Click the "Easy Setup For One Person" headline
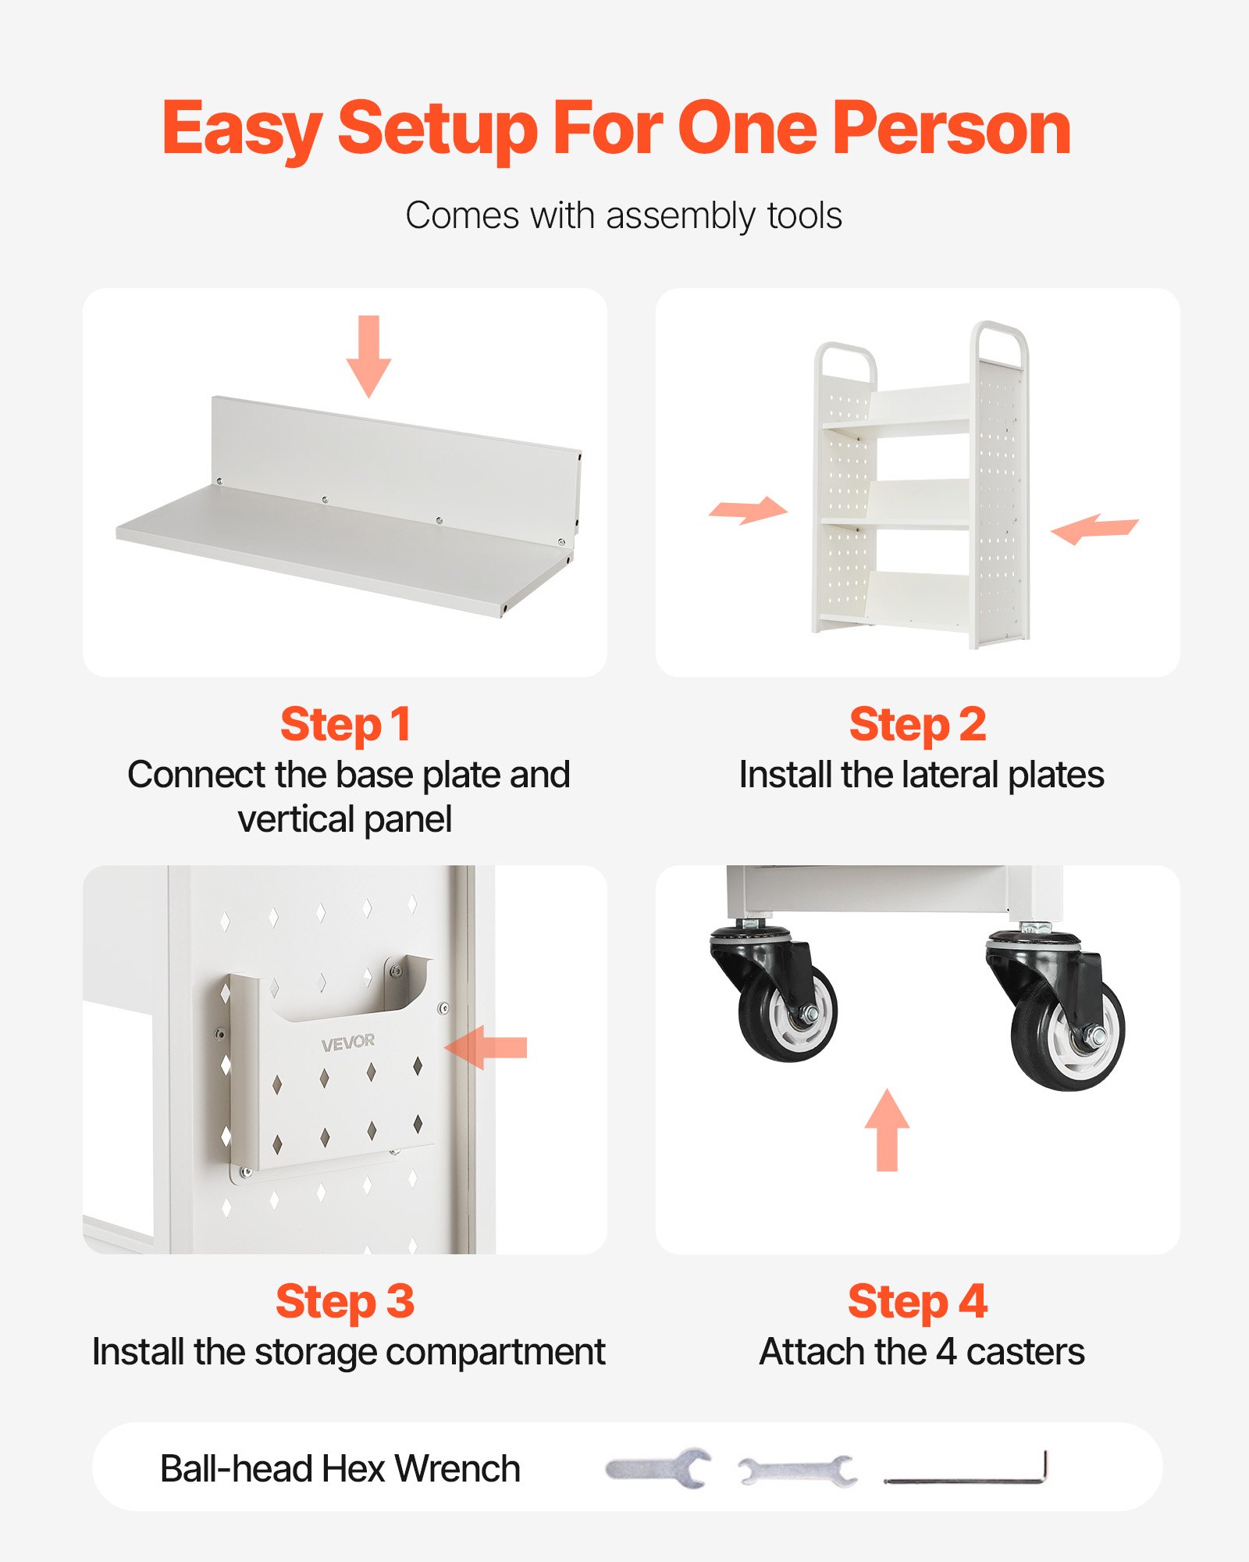coord(617,129)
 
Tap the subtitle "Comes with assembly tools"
coord(624,216)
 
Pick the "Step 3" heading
coord(345,1303)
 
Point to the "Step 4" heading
coord(917,1303)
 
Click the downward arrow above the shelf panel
coord(368,356)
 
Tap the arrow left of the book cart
coord(748,510)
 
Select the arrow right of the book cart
coord(1094,529)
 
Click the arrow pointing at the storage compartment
coord(486,1047)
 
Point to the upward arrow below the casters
coord(887,1129)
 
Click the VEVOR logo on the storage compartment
coord(347,1043)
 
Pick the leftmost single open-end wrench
coord(658,1468)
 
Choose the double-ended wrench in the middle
coord(796,1471)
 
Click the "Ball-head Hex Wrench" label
coord(340,1469)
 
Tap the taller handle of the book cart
coord(999,344)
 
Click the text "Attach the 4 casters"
coord(922,1352)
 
